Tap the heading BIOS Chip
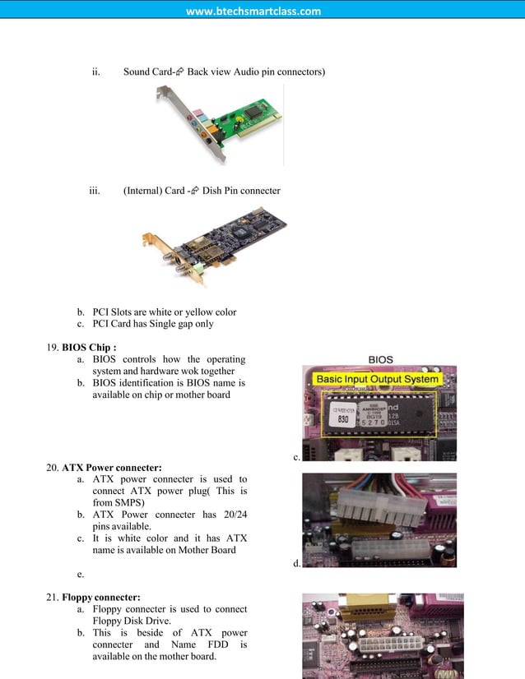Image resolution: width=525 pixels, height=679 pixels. (89, 347)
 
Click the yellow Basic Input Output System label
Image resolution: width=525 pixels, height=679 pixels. (379, 379)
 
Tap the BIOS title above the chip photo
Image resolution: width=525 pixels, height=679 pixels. (380, 359)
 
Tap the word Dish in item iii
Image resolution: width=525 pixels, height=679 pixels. (214, 191)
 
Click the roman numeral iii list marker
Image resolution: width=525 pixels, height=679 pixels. (95, 191)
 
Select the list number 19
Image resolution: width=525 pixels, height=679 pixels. (52, 347)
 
